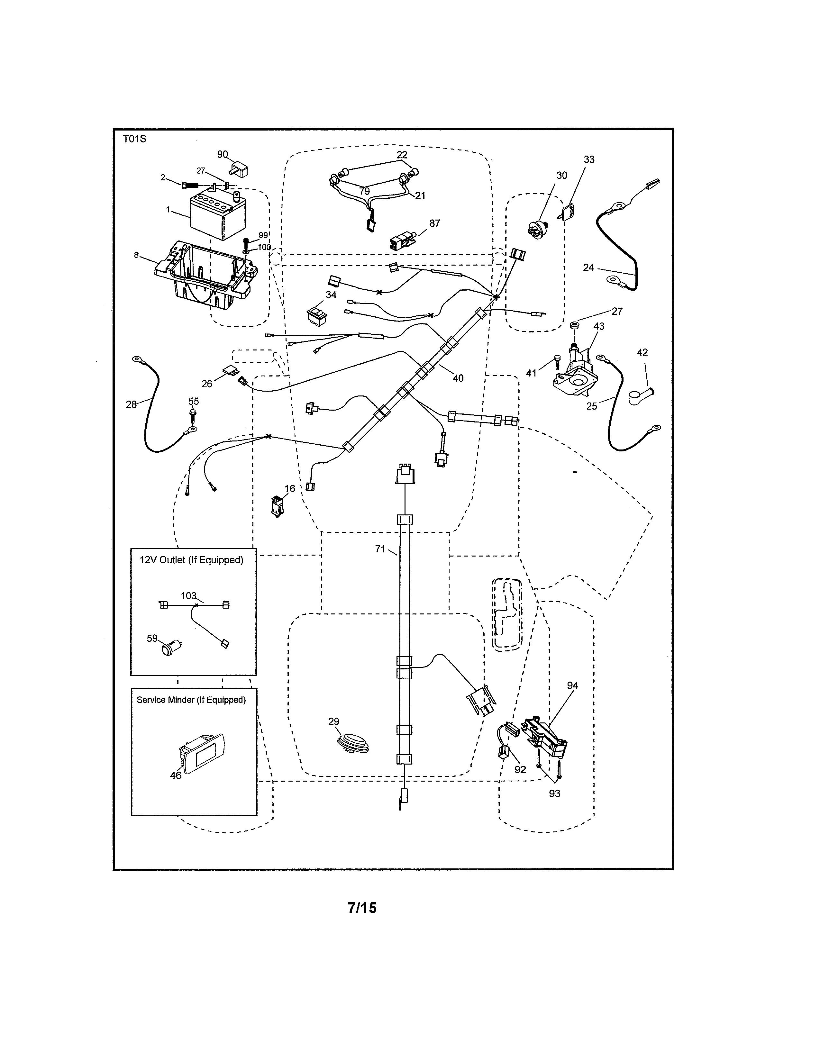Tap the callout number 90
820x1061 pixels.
(x=223, y=154)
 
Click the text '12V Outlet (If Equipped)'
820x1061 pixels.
(x=191, y=560)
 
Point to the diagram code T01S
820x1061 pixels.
(x=134, y=139)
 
